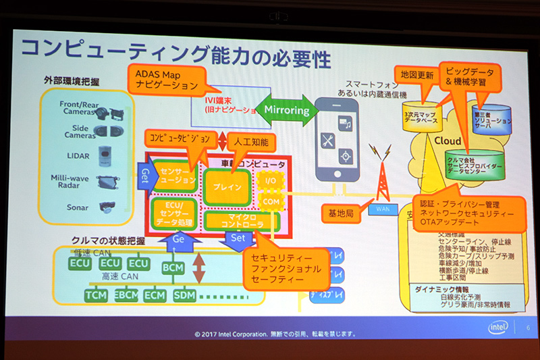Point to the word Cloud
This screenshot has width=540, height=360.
pos(447,141)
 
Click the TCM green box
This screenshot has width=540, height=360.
pos(97,295)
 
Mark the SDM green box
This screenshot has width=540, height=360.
pos(184,295)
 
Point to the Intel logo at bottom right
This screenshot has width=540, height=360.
pos(498,327)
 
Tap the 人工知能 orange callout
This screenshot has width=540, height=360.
pos(251,143)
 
